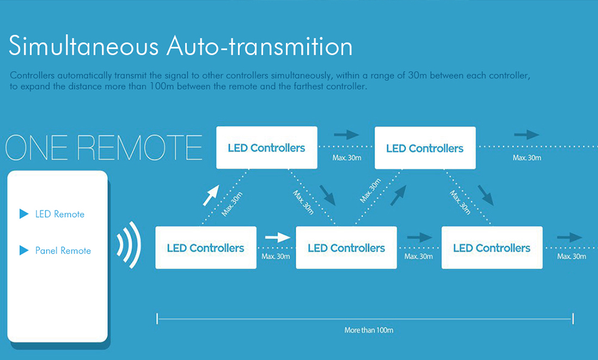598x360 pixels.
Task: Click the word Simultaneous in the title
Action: click(84, 46)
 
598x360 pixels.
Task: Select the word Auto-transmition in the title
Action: click(260, 46)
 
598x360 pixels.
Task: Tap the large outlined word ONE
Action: click(39, 148)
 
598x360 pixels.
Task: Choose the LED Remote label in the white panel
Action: click(60, 214)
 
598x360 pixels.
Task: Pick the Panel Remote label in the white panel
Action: click(63, 251)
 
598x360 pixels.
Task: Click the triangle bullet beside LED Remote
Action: click(24, 213)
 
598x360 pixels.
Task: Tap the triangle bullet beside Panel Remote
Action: click(24, 250)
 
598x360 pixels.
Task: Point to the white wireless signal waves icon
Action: click(129, 245)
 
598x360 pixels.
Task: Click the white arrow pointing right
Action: click(277, 237)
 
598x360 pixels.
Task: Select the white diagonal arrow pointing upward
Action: click(211, 196)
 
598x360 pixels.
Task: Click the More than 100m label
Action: click(369, 330)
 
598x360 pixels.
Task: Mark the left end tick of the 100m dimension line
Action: click(157, 319)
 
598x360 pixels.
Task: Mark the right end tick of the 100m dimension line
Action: click(573, 319)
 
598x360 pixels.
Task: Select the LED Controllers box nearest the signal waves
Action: click(206, 248)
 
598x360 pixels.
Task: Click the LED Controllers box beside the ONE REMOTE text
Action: click(267, 148)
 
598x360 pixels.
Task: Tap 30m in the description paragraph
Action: click(417, 75)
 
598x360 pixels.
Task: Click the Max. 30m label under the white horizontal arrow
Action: click(276, 257)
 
